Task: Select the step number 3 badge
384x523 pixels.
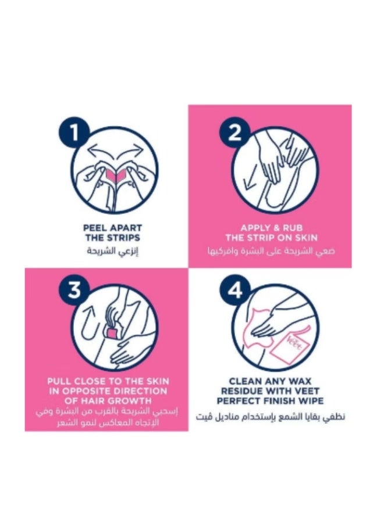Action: click(74, 290)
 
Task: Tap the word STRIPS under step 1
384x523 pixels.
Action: click(123, 238)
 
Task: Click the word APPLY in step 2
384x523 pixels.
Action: click(255, 228)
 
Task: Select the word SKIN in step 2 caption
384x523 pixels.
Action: click(306, 238)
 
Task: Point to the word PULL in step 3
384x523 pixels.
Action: click(59, 381)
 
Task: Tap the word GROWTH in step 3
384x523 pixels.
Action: click(132, 400)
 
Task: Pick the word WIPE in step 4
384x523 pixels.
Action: click(311, 400)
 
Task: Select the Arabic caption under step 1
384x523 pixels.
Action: click(113, 251)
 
